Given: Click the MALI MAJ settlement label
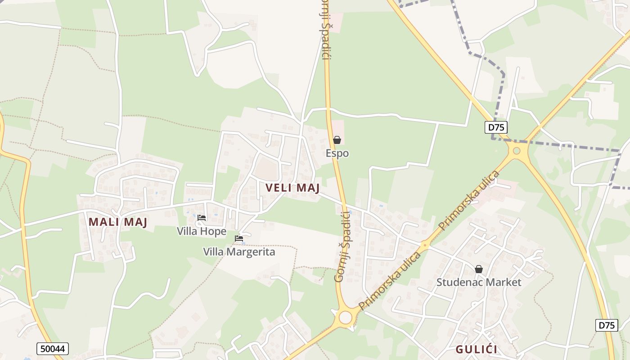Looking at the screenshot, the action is tap(118, 222).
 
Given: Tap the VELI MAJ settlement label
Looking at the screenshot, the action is tap(292, 188).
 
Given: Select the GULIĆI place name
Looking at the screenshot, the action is tap(476, 349).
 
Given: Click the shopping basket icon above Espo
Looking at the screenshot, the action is tap(337, 140).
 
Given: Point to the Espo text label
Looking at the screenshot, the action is tap(337, 153).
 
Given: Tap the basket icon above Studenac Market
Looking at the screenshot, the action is tap(479, 269).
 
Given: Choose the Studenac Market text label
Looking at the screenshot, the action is tap(479, 282).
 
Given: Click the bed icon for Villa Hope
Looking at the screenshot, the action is tap(202, 218).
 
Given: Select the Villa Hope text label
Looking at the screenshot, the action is tap(202, 231).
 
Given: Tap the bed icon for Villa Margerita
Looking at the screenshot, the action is tap(239, 238).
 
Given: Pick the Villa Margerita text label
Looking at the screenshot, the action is tap(239, 252).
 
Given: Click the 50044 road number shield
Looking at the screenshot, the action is tap(52, 349).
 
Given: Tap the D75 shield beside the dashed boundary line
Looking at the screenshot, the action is tap(496, 127).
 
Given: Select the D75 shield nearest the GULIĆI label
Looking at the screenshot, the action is tap(607, 325).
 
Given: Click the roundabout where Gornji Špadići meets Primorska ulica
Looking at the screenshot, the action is tap(345, 318).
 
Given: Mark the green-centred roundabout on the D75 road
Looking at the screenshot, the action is tap(517, 151).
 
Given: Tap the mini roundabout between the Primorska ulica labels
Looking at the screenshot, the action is tap(424, 246).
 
